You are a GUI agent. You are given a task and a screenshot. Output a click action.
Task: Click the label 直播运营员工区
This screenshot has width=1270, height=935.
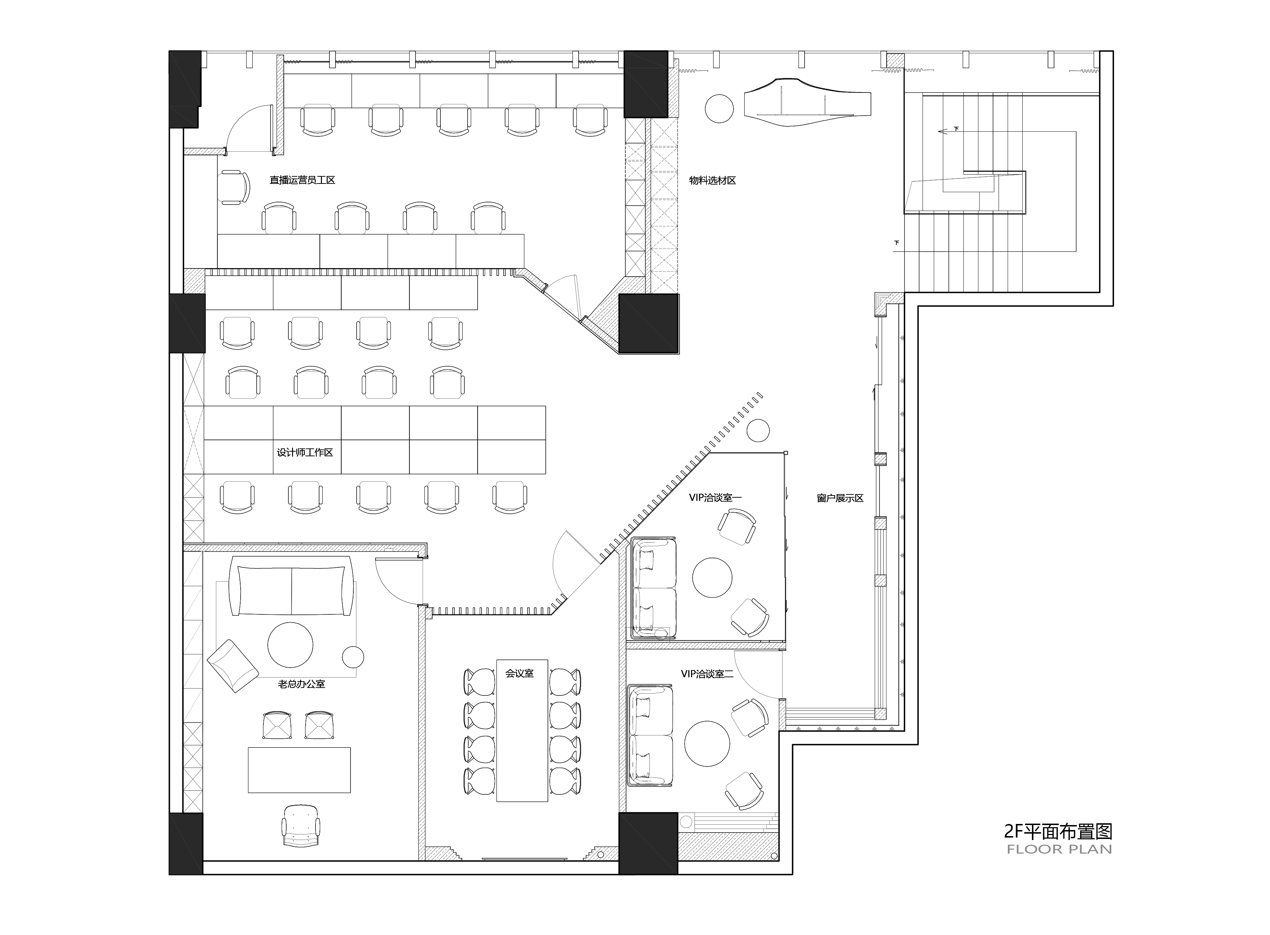tap(302, 180)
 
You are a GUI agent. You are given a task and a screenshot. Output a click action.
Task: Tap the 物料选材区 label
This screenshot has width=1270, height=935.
tap(712, 181)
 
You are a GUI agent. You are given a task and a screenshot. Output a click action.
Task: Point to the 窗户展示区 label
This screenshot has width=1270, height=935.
tap(840, 498)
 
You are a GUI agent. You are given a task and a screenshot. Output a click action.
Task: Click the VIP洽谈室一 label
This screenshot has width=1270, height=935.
tap(715, 498)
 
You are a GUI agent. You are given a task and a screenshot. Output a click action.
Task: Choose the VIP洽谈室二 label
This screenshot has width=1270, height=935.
tap(707, 674)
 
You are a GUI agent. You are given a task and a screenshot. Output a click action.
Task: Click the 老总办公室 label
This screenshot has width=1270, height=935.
tap(302, 684)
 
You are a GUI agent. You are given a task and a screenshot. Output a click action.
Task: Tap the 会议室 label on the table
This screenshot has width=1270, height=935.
tap(520, 674)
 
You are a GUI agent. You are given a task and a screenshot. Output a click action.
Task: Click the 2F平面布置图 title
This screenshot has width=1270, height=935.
tap(1058, 831)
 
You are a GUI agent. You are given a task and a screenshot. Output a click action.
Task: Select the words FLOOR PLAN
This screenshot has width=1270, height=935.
tap(1059, 849)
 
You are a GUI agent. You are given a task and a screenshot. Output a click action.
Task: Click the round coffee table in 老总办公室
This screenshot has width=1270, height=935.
tap(290, 645)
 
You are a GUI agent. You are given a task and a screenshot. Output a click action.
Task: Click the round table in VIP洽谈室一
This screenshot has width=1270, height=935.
tap(712, 577)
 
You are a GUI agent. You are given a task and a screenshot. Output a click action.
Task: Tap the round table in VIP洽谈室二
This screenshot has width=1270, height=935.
tap(707, 743)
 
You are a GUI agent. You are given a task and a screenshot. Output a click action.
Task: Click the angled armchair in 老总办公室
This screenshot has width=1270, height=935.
tap(233, 666)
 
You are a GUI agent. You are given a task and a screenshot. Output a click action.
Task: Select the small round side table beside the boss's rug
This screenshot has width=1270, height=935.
tap(353, 657)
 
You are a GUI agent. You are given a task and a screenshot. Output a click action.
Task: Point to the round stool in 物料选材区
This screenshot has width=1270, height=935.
tap(719, 108)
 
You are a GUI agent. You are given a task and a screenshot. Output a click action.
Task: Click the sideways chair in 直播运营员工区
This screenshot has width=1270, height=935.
tap(234, 187)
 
